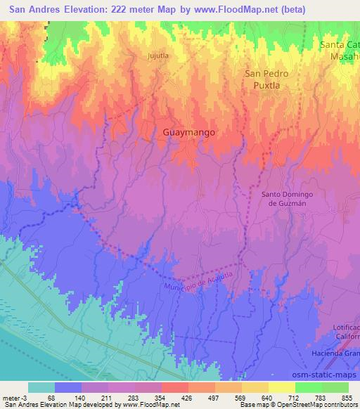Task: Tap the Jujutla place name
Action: (159, 54)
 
